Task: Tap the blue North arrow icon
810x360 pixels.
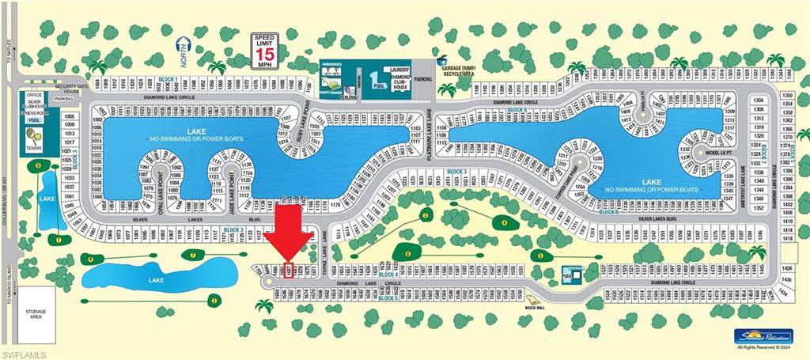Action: coord(184,47)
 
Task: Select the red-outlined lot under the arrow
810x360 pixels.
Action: coord(290,271)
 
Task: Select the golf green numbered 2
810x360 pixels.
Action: coord(214,299)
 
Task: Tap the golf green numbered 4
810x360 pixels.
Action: coord(504,223)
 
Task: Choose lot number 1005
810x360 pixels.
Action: coord(69,116)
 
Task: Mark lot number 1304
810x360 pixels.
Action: coord(759,100)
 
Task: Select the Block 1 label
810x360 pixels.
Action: coord(168,79)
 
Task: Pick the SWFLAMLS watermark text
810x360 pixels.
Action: coord(25,353)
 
